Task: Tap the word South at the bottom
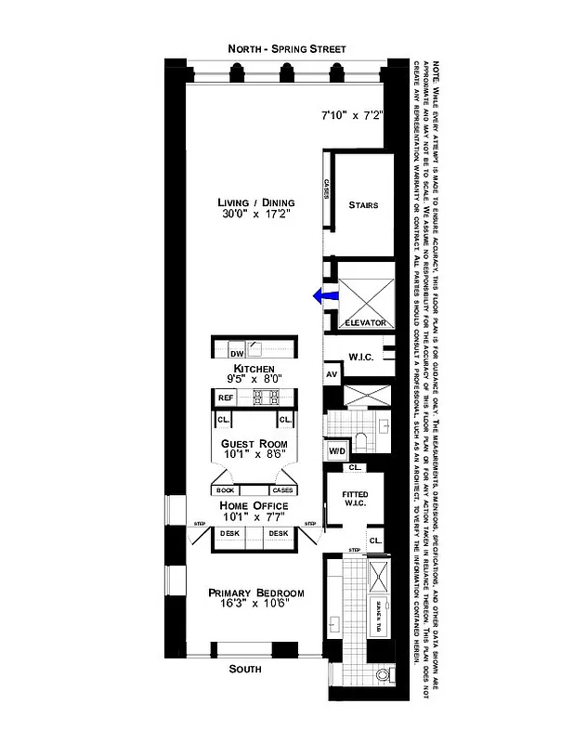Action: coord(246,669)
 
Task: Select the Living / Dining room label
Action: coord(256,202)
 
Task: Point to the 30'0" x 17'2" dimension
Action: coord(256,215)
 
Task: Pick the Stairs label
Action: coord(363,205)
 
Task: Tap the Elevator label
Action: coord(364,322)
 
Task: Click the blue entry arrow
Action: coord(323,296)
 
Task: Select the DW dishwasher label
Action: coord(236,354)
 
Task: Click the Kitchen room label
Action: coord(254,369)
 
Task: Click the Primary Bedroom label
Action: coord(255,593)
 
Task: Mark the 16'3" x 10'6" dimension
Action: coord(255,606)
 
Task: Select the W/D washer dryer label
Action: coord(336,451)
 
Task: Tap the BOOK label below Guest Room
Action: coord(225,489)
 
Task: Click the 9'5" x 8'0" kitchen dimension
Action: coord(254,380)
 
